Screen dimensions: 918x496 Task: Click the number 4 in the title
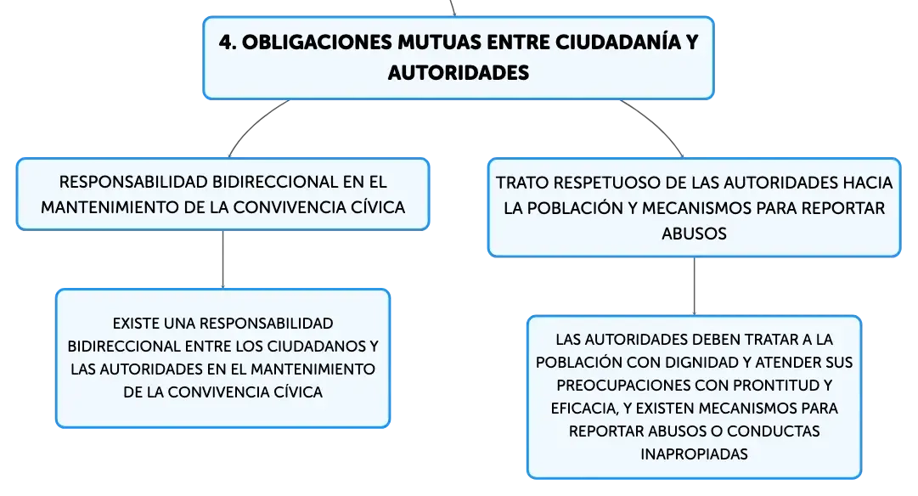(x=226, y=42)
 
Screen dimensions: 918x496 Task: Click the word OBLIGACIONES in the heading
(x=317, y=42)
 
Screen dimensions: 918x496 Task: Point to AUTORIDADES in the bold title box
(x=459, y=72)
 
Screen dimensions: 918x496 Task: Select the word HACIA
(x=868, y=183)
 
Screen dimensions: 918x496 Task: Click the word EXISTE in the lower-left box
(x=136, y=324)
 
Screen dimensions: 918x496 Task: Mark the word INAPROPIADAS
(x=695, y=454)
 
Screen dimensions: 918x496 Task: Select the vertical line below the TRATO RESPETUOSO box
(x=695, y=286)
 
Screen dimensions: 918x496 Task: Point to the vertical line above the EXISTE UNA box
(x=223, y=259)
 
